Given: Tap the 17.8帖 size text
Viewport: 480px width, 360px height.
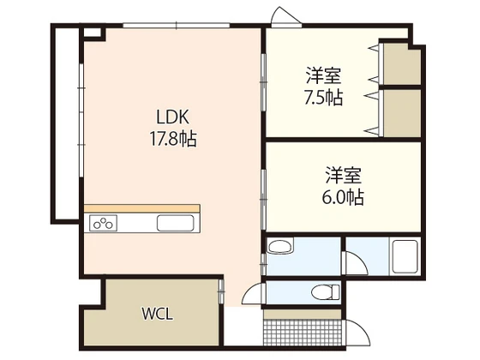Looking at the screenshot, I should [171, 137].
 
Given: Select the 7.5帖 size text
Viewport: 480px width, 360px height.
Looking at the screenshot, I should [324, 97].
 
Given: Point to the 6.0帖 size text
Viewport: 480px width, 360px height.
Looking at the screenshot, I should [343, 197].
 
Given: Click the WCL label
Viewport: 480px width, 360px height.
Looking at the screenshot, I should [157, 313].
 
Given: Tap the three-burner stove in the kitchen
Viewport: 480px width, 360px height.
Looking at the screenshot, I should [104, 224].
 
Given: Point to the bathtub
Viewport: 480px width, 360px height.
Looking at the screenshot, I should [403, 256].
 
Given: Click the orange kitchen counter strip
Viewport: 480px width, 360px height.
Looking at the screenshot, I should [141, 208].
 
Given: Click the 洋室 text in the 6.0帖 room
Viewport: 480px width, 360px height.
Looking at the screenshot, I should [343, 177].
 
